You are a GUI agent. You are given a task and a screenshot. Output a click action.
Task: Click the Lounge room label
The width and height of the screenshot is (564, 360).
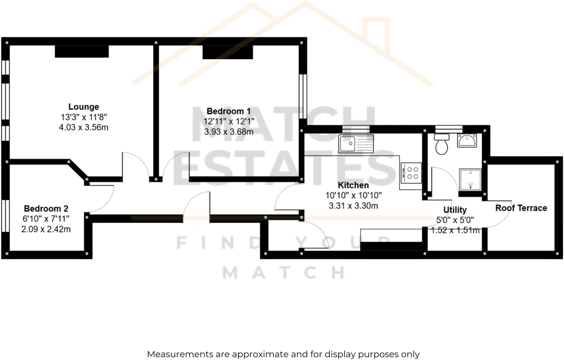coord(84,107)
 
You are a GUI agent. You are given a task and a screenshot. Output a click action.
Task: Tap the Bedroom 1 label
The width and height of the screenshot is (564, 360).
coord(228,111)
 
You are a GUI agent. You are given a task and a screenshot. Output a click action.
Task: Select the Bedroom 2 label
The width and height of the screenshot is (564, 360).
coord(46,208)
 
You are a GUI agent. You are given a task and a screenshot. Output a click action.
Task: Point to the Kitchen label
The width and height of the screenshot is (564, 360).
coord(353,185)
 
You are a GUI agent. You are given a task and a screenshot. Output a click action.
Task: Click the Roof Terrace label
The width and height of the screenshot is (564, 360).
coord(521,208)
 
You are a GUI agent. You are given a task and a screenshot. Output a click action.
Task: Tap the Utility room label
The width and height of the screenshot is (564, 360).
coord(455,210)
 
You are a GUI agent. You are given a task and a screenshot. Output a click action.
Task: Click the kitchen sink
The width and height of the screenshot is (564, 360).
coord(356,144)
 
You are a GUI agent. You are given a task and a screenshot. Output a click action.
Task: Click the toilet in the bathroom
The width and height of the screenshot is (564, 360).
coord(441,144)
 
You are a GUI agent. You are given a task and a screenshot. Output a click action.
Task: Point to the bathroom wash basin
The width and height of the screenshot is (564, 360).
coord(467,140)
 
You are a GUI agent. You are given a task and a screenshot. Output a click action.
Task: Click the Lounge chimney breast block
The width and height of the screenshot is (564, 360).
coord(82,51)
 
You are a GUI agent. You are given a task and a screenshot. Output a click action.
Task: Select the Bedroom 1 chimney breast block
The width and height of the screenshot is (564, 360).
coord(228,52)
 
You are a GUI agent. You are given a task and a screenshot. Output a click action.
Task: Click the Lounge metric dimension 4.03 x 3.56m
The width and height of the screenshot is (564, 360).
coord(84,127)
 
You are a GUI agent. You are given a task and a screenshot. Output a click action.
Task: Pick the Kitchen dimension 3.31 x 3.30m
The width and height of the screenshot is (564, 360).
coord(353,206)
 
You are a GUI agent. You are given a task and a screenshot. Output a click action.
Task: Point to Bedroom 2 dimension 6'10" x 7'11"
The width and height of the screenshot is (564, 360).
coord(46,219)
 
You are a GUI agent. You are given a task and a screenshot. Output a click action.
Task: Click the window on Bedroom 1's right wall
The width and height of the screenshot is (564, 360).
coord(303,96)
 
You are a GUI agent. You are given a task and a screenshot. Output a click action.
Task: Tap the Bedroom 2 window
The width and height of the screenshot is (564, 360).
coord(5,215)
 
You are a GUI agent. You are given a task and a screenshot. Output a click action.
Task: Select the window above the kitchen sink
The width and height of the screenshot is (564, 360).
coord(356,129)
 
